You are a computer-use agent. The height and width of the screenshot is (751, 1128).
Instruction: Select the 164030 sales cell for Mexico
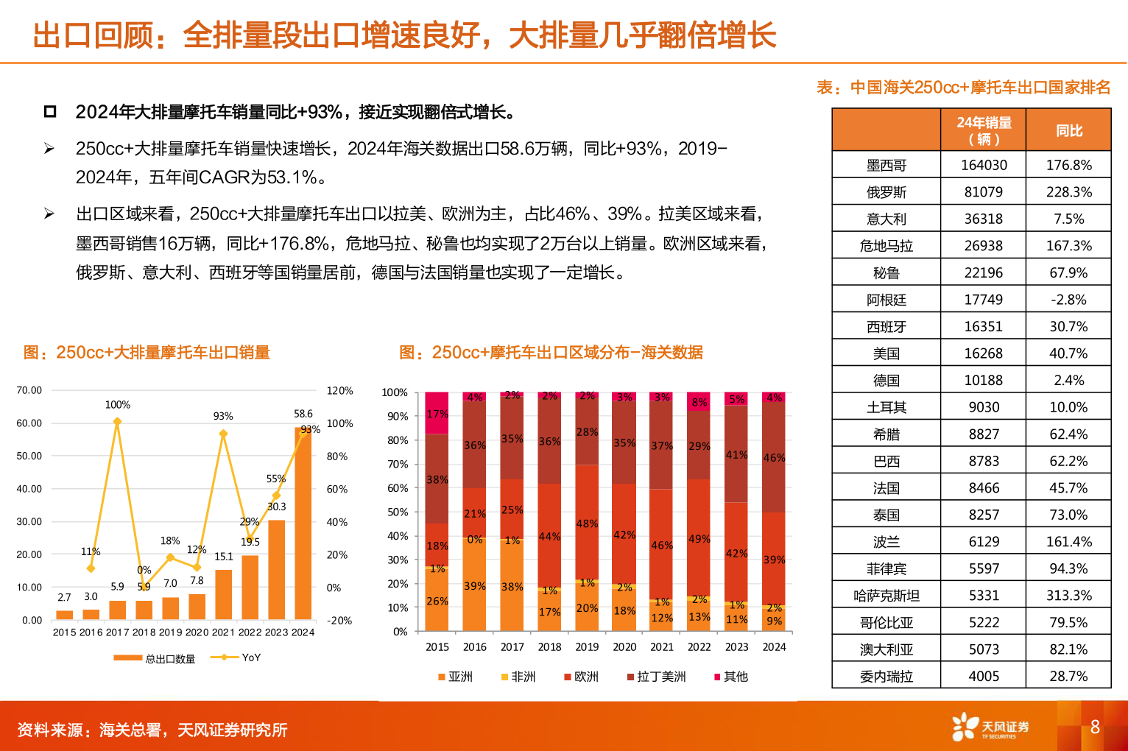click(x=984, y=166)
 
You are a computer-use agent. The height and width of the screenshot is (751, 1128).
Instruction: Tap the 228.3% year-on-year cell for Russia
click(x=1068, y=192)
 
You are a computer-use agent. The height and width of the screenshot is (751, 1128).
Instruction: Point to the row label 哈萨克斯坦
click(x=886, y=596)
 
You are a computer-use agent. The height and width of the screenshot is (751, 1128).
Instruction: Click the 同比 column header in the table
click(x=1068, y=131)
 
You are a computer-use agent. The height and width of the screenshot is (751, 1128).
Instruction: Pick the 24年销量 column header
click(x=984, y=130)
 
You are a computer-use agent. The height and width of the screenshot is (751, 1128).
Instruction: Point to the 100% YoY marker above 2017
click(x=117, y=422)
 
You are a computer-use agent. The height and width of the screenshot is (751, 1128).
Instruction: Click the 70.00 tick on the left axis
click(x=29, y=390)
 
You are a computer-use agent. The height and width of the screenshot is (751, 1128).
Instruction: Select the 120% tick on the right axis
click(x=339, y=391)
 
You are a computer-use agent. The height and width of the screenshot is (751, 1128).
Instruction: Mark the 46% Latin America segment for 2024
click(x=774, y=458)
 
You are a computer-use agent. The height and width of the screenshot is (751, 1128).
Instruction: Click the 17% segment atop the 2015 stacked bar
click(x=437, y=414)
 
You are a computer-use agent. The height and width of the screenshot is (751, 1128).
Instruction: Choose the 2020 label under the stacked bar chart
click(x=624, y=647)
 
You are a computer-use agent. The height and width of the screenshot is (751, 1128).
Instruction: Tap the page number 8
click(x=1095, y=727)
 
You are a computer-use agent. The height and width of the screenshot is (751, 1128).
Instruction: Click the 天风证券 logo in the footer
click(x=990, y=727)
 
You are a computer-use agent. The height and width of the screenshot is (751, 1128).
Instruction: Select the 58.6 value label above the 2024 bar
click(x=303, y=415)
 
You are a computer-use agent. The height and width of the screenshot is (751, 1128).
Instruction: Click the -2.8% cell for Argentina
click(x=1068, y=300)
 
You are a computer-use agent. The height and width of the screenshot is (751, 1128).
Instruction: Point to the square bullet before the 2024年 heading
click(x=50, y=112)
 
